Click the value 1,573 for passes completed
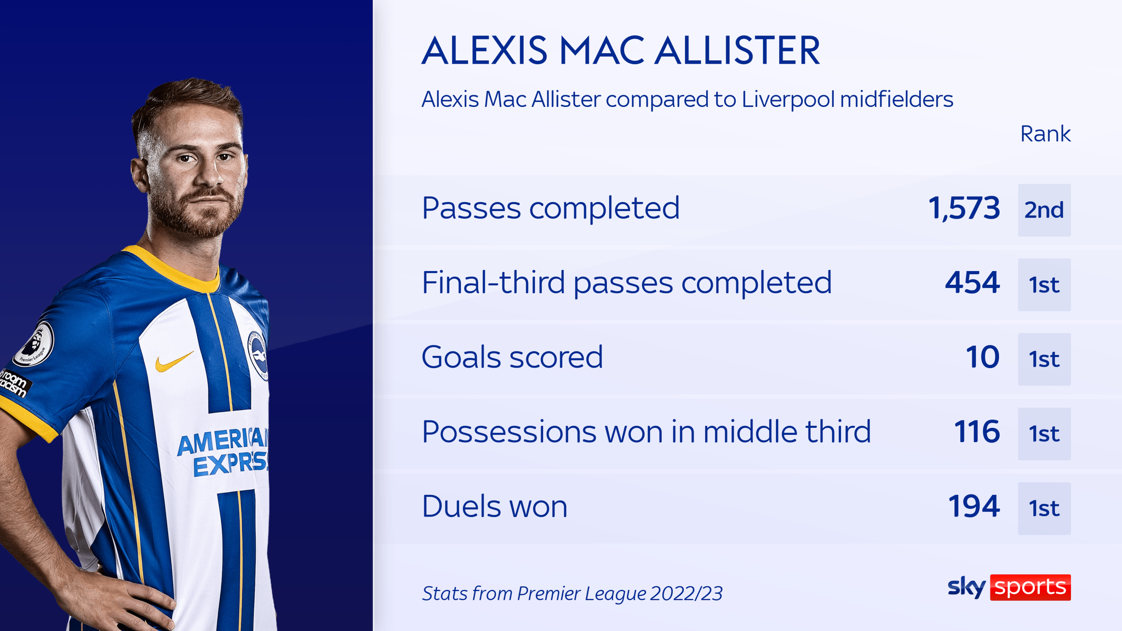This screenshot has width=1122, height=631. (964, 209)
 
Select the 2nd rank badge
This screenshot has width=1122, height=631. (1044, 210)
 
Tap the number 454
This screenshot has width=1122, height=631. (972, 283)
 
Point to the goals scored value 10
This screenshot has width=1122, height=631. (982, 358)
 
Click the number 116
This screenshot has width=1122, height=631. (977, 432)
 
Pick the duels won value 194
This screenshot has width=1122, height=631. (974, 507)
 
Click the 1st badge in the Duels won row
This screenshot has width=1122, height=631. (1044, 508)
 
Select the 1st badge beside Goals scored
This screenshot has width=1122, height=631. (1044, 359)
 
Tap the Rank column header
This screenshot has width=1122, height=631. (1045, 134)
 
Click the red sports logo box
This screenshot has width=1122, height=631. (1030, 587)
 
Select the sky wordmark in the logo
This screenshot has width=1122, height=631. (966, 587)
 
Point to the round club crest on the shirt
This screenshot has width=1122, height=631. (257, 355)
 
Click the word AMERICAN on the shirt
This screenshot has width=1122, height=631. (222, 442)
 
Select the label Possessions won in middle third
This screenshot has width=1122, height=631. (646, 432)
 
